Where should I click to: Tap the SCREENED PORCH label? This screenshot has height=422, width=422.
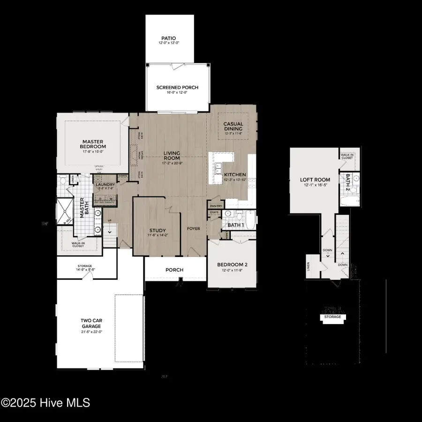coord(177,88)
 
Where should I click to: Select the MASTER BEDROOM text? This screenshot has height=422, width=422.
coord(92,144)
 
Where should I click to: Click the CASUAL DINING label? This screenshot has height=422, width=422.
coord(233,126)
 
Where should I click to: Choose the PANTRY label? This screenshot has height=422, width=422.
coord(216,206)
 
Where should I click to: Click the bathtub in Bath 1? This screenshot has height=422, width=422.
coord(250,220)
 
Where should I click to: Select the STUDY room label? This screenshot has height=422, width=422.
coord(158,230)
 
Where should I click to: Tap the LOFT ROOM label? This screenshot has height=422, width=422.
coord(315,180)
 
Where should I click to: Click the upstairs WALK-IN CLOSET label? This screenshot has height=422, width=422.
coord(347,156)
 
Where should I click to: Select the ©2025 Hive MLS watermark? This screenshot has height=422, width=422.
coord(45,402)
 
